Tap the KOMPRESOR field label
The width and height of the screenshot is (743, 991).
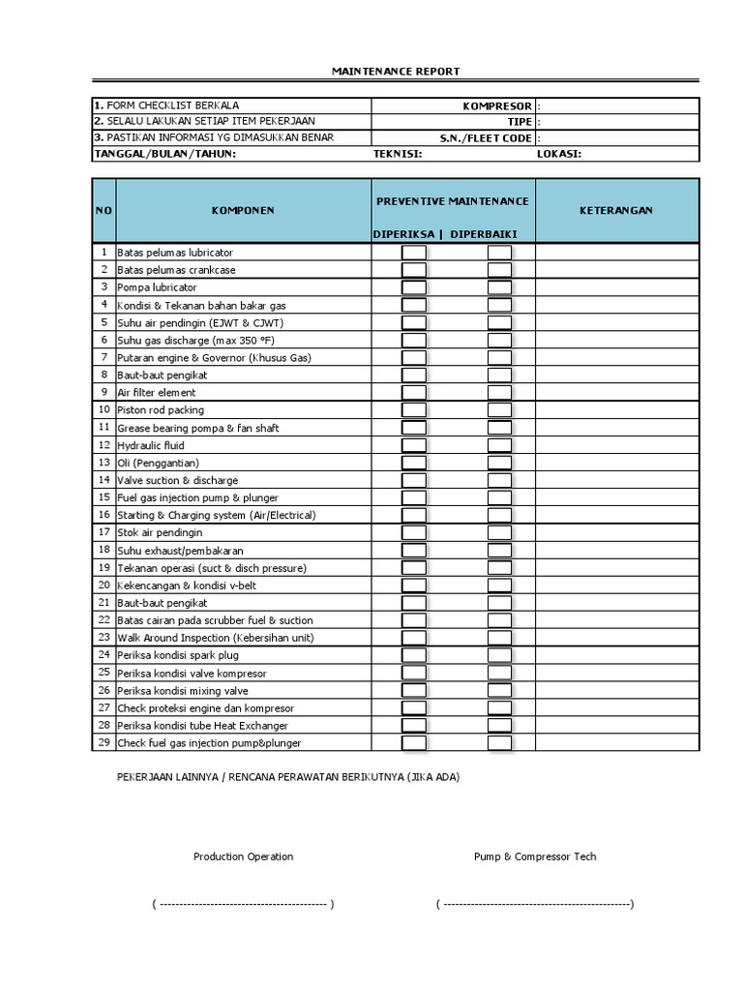pos(497,105)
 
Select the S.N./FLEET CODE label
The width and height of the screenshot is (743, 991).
pos(486,137)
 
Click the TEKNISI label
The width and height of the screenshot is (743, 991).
pos(398,153)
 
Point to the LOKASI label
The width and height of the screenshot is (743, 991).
pos(558,153)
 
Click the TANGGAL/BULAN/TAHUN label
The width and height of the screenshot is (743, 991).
pos(164,153)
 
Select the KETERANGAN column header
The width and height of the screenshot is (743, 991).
pos(616,210)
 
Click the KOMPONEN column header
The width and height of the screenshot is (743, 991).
pos(243,210)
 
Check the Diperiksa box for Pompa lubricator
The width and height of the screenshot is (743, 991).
pos(414,287)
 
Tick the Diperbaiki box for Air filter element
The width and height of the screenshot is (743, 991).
pos(499,393)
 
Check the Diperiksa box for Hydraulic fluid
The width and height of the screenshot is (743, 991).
pos(414,445)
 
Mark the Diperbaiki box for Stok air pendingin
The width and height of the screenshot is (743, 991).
pos(499,532)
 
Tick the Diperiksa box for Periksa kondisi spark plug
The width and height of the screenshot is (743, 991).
pos(414,655)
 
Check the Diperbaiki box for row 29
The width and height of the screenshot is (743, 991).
pos(499,742)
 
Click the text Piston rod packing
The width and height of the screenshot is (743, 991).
pos(161,410)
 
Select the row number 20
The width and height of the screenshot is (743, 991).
pos(104,585)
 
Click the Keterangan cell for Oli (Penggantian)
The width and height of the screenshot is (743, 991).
pos(616,463)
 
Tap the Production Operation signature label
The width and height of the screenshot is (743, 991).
pos(243,856)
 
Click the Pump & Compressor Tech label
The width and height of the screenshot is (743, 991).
pos(535,856)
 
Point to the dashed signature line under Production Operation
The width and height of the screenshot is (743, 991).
pos(243,905)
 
